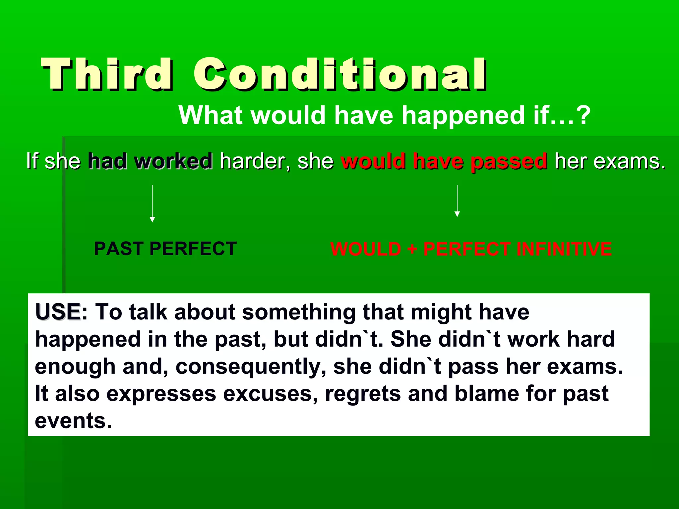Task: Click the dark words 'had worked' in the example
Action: tap(150, 161)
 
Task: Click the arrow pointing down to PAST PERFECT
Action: tap(152, 204)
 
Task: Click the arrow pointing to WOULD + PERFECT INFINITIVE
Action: tap(457, 201)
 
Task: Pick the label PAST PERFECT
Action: tap(165, 249)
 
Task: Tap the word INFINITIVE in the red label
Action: tap(564, 249)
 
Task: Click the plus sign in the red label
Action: tap(412, 249)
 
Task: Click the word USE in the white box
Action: tap(58, 312)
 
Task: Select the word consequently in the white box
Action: tap(251, 367)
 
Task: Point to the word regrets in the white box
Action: tap(363, 394)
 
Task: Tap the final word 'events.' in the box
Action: tap(73, 421)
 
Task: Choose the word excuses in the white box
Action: tap(270, 394)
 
